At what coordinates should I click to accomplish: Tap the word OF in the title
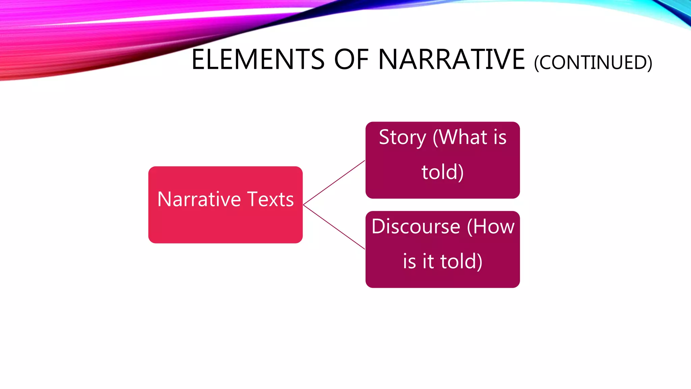click(x=352, y=60)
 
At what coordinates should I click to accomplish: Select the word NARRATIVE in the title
click(x=451, y=60)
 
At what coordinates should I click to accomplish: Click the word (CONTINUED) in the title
click(x=593, y=63)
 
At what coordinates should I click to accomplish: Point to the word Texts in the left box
click(x=271, y=199)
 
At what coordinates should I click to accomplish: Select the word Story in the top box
click(x=402, y=137)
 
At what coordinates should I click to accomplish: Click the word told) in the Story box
click(x=442, y=172)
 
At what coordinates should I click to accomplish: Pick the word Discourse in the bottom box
click(x=416, y=227)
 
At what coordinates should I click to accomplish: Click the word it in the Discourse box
click(x=428, y=261)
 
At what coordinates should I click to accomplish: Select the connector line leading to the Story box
click(x=334, y=183)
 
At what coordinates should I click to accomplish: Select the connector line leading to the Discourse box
click(x=334, y=227)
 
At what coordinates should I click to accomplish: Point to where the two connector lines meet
click(x=304, y=205)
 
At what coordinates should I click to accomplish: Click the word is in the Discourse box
click(x=409, y=261)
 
